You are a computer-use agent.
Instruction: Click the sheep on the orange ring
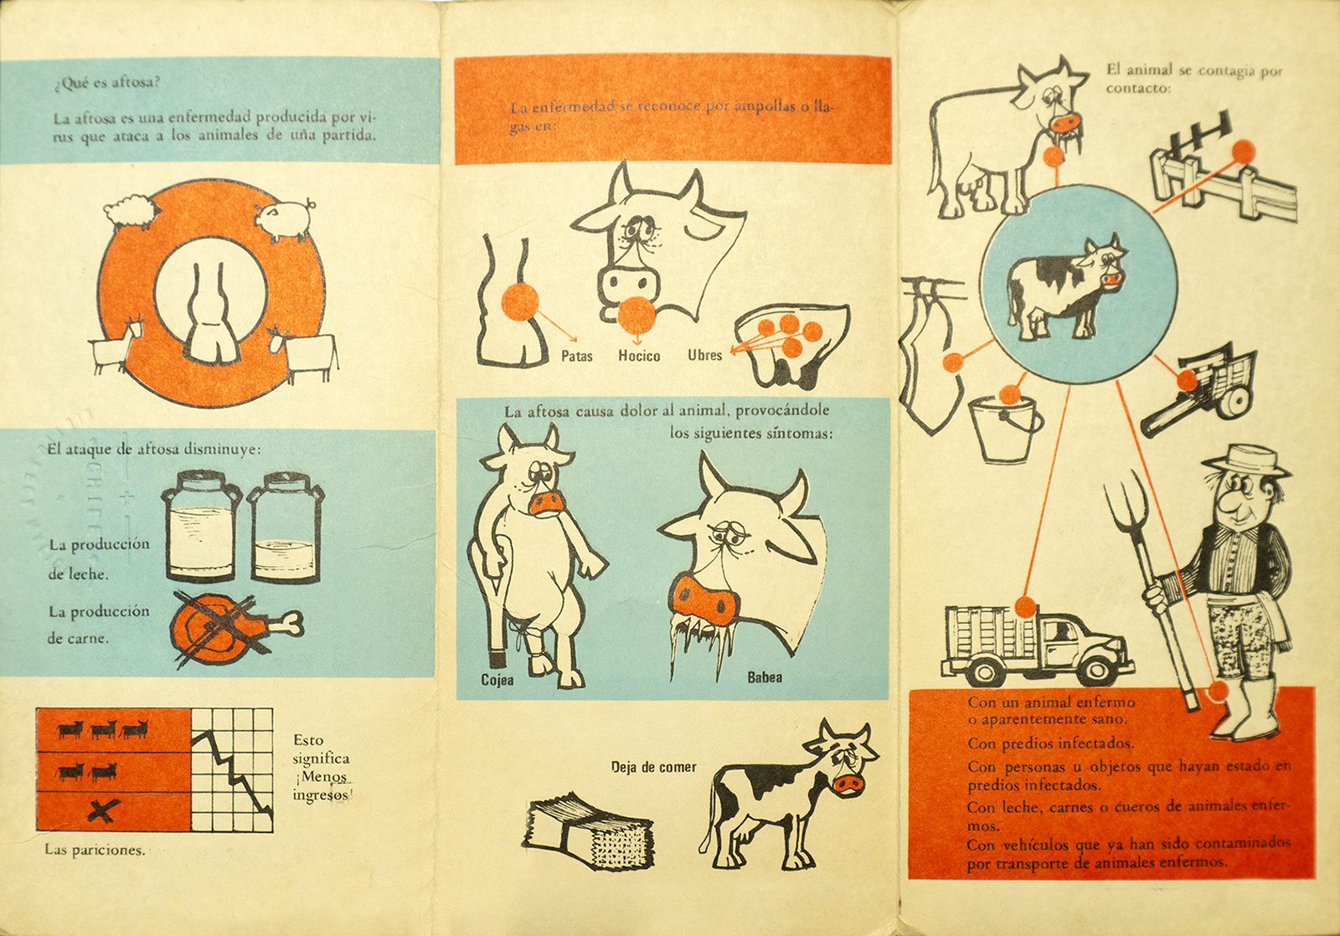(131, 210)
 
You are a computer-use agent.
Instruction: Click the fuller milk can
(201, 527)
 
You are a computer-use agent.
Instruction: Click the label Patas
(577, 357)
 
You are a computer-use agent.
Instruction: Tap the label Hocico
(639, 357)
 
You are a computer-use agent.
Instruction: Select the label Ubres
(704, 355)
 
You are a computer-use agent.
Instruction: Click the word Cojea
(497, 680)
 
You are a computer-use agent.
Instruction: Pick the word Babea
(765, 677)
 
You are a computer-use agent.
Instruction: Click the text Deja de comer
(654, 767)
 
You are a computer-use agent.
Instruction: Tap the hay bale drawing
(588, 832)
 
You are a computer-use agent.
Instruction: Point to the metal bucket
(1005, 428)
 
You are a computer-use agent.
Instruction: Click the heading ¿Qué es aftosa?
(106, 83)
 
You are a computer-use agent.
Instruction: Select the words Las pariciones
(95, 850)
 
